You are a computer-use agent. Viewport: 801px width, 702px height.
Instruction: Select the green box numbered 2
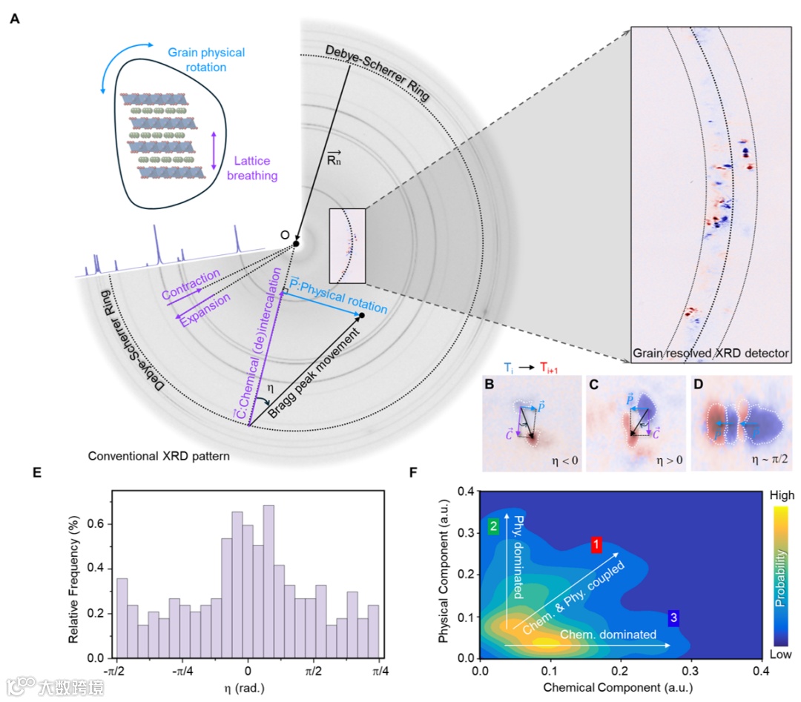[x=493, y=526]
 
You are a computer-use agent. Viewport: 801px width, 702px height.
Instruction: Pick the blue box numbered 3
[x=673, y=617]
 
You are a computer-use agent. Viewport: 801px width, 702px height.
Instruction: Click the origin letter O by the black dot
[x=285, y=235]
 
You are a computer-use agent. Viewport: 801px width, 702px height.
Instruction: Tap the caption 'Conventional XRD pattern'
[x=158, y=457]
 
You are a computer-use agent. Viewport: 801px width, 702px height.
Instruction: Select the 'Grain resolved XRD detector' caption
[x=711, y=354]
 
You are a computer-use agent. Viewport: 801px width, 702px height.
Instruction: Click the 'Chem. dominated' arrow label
[x=607, y=635]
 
